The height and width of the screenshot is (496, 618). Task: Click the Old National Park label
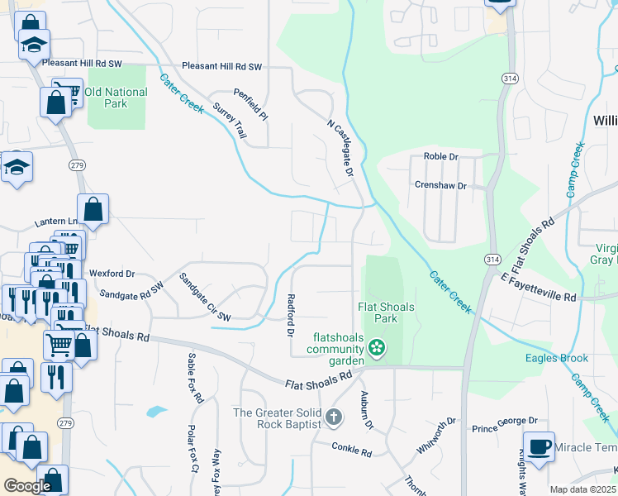116,98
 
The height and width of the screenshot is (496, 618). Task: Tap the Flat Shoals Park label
386,312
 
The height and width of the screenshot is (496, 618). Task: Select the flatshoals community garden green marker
377,348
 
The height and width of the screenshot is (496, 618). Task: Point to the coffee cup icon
539,446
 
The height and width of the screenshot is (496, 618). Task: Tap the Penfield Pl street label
250,105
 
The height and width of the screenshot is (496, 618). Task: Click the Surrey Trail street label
230,121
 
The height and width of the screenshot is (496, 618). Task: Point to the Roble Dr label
440,156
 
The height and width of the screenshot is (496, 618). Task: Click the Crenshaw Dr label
440,186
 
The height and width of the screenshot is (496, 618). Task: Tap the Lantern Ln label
55,222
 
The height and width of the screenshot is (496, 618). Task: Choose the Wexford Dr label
112,273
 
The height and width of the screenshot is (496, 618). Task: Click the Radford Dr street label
290,315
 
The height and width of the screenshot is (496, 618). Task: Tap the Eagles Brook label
556,358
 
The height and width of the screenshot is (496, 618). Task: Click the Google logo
27,486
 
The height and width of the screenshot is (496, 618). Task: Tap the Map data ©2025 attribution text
582,489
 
